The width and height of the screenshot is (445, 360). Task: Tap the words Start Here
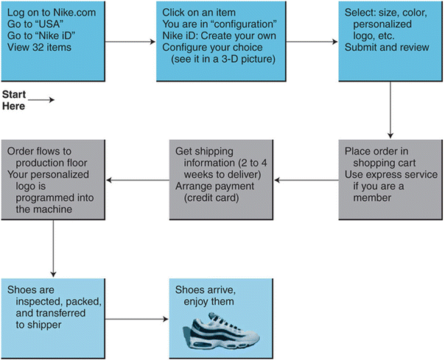click(x=14, y=101)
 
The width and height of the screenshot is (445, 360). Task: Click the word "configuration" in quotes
click(x=242, y=24)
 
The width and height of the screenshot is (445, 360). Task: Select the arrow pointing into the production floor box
click(x=138, y=179)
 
